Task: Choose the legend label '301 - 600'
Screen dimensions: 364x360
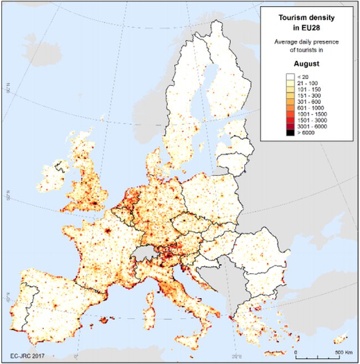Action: [x=310, y=102]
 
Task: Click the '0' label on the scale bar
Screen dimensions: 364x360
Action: [x=296, y=352]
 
